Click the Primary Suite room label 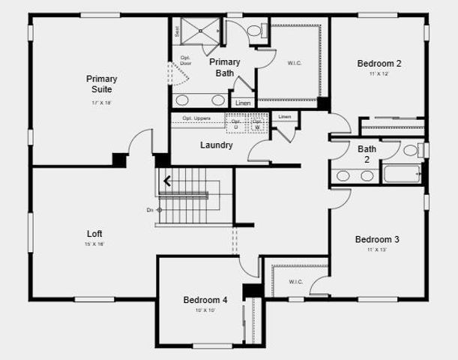(x=101, y=84)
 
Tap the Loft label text (x=94, y=234)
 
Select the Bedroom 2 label (x=379, y=64)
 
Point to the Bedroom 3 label (x=377, y=239)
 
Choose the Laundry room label (x=216, y=145)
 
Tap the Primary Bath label (x=224, y=67)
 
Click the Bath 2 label (x=367, y=154)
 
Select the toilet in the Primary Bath (x=254, y=31)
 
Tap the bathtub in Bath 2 (x=403, y=175)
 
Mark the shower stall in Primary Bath (x=196, y=31)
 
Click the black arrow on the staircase (x=167, y=180)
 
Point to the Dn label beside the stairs (x=150, y=210)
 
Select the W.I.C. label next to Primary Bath (x=294, y=63)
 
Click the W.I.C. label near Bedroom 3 (x=296, y=282)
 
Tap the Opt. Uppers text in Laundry (x=196, y=118)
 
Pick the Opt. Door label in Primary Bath (x=184, y=61)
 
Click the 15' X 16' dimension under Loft (x=94, y=244)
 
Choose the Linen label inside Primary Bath (x=241, y=103)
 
